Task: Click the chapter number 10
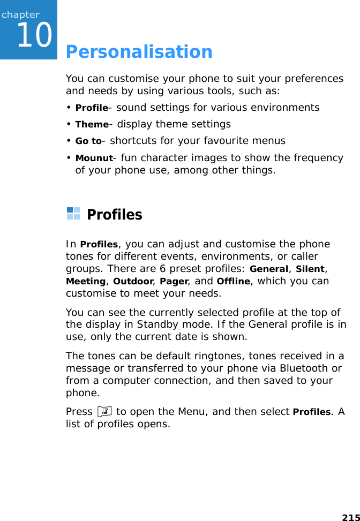click(34, 35)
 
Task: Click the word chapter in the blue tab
click(20, 14)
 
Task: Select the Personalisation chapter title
click(139, 52)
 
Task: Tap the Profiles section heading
click(114, 215)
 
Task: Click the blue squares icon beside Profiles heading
click(73, 214)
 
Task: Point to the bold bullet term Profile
click(92, 108)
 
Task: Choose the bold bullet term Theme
click(92, 124)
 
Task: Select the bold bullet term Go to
click(88, 141)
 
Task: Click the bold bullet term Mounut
click(94, 158)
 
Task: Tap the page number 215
click(350, 517)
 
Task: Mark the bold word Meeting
click(85, 282)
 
